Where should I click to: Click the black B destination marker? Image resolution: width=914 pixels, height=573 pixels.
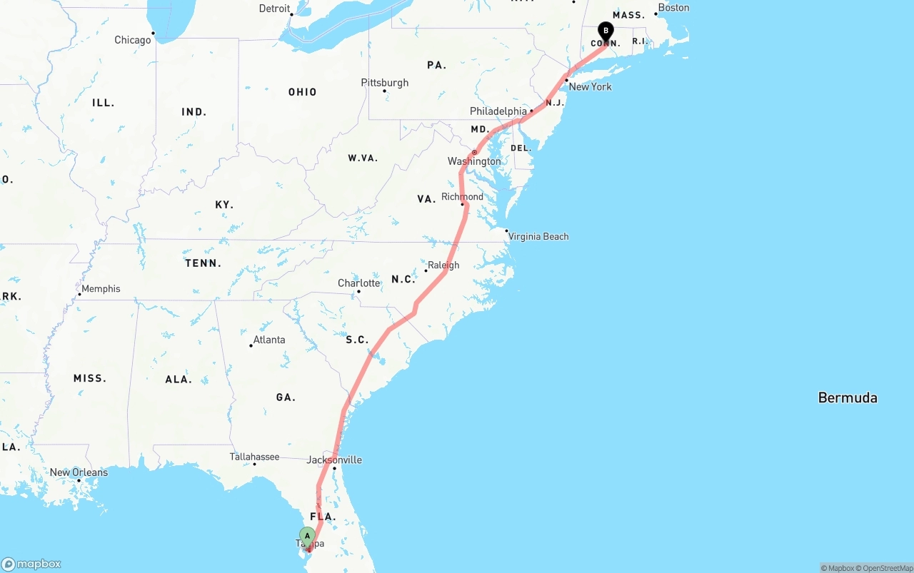pos(606,31)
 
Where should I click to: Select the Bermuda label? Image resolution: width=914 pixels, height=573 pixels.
pos(848,398)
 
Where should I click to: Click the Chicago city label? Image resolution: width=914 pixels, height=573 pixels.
pos(133,40)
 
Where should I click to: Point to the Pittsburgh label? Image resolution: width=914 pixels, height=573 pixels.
pos(385,83)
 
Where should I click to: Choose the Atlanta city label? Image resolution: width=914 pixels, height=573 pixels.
pos(269,340)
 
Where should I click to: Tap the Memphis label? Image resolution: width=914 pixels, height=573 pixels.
pos(101,289)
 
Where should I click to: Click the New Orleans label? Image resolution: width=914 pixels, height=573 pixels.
pos(79,472)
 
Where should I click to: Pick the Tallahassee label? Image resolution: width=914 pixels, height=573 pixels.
pos(254,457)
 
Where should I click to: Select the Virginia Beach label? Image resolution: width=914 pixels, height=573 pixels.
pos(538,236)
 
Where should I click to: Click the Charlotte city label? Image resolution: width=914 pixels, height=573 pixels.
pos(358,283)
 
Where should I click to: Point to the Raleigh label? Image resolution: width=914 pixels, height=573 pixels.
pos(443,265)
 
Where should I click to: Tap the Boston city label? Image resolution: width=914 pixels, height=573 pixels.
pos(673,8)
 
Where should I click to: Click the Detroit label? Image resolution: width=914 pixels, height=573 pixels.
pos(274,9)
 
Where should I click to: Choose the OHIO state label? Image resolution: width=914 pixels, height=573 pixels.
pos(302,92)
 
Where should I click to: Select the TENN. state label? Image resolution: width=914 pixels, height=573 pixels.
pos(203,263)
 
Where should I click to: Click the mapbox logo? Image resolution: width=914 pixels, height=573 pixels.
pos(31,564)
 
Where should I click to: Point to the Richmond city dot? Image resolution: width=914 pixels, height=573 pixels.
pos(463,205)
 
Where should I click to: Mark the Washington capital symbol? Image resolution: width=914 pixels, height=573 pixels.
pos(474,153)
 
